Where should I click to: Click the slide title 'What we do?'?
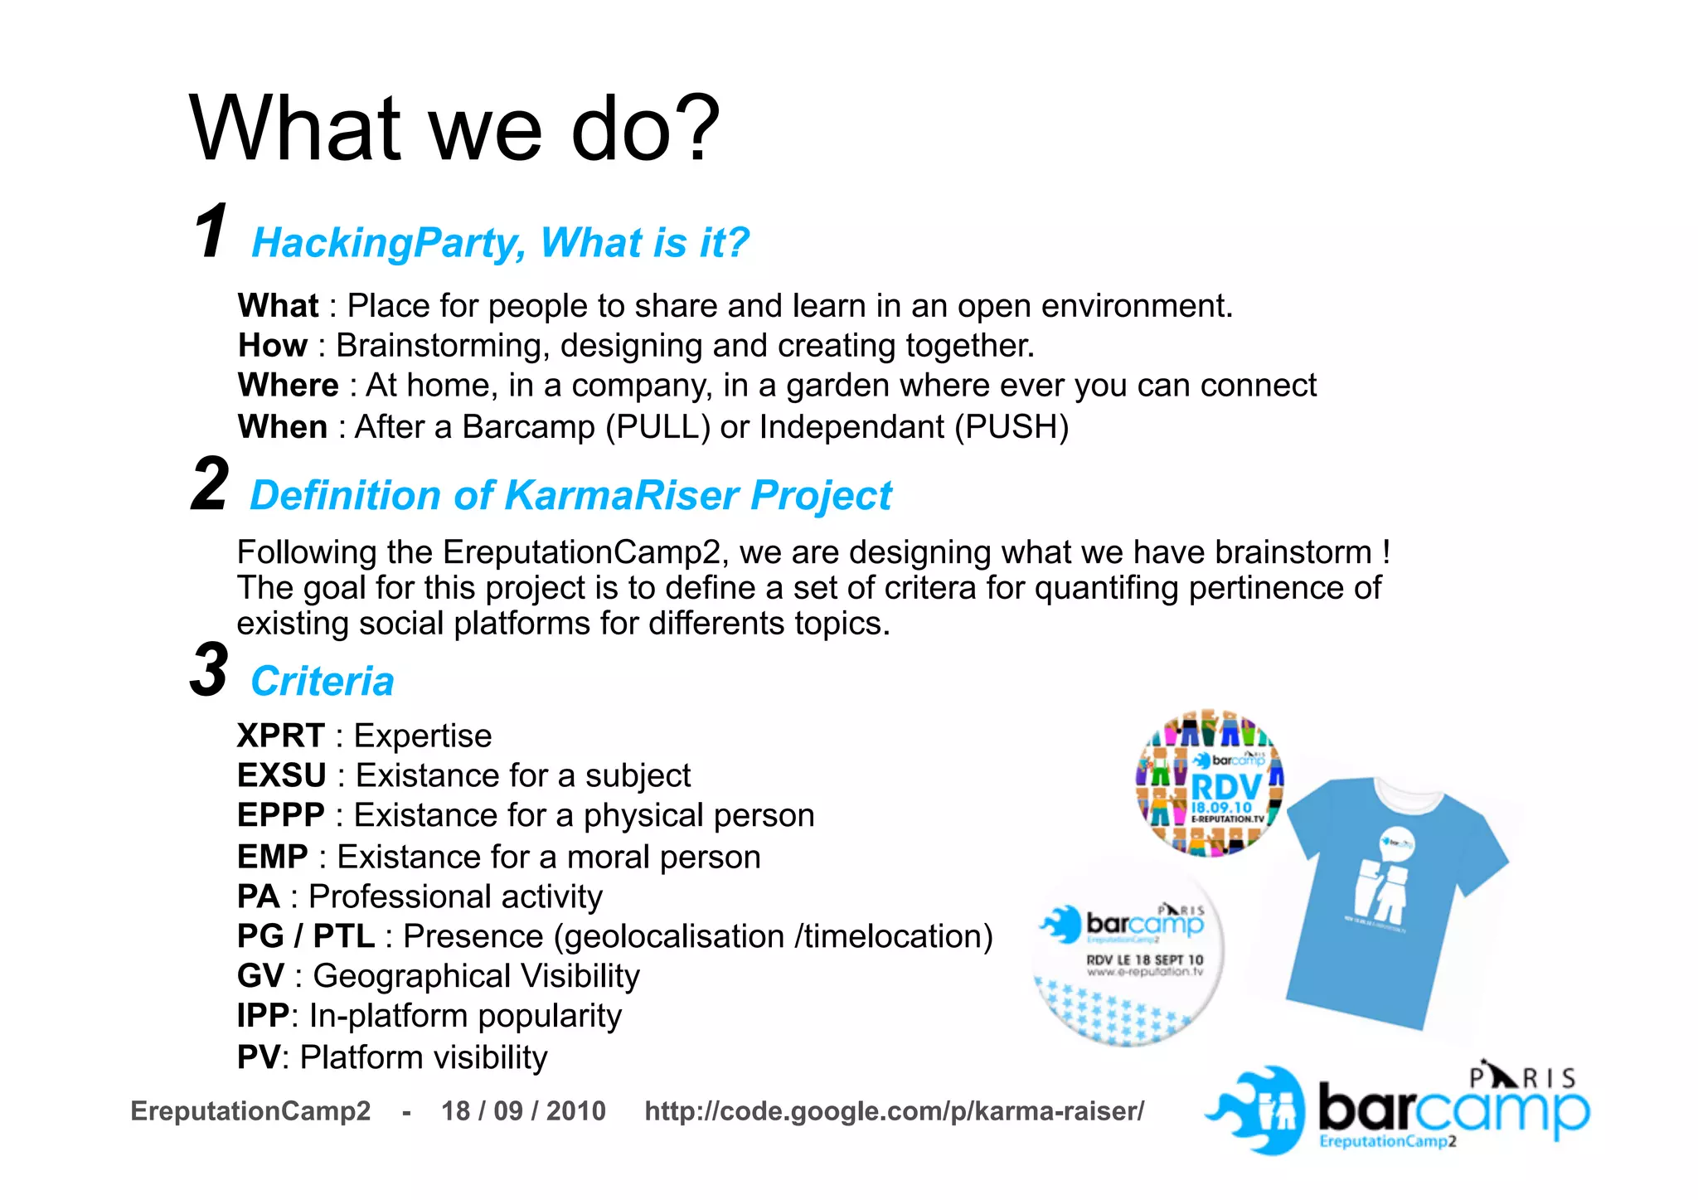click(x=455, y=129)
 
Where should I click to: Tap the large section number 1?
click(x=211, y=232)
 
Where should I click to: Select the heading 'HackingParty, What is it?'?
click(x=500, y=243)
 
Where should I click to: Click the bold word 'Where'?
click(x=288, y=386)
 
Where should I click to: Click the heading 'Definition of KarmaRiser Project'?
click(x=570, y=496)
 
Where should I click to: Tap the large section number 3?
click(x=208, y=670)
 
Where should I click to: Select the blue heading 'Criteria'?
click(x=323, y=682)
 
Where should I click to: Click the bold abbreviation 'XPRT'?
click(x=280, y=736)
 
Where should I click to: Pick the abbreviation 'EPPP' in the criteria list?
click(x=280, y=816)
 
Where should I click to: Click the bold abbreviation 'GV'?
click(x=260, y=976)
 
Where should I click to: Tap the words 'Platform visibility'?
click(x=423, y=1057)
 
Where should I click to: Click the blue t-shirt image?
click(x=1393, y=900)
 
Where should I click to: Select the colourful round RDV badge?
click(x=1210, y=784)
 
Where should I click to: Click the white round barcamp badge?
click(x=1128, y=954)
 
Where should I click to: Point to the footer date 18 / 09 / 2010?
click(x=523, y=1111)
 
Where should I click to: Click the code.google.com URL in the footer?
click(x=894, y=1111)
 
